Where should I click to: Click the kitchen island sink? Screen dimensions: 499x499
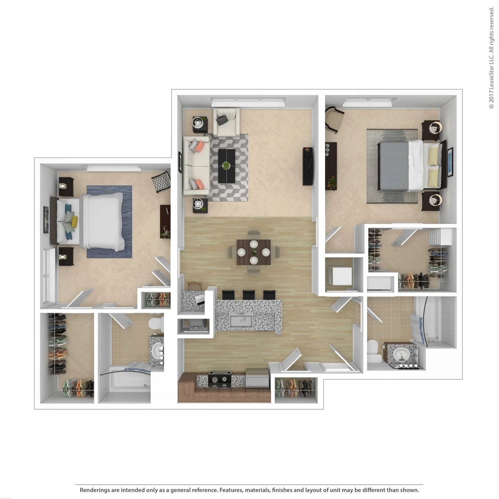(x=240, y=321)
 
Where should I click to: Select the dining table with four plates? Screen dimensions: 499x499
(x=253, y=252)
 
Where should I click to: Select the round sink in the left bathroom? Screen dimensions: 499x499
(x=157, y=350)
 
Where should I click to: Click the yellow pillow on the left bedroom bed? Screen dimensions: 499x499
(x=74, y=220)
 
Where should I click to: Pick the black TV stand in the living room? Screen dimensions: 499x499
(x=307, y=166)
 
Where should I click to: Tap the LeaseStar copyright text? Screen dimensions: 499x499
(x=491, y=58)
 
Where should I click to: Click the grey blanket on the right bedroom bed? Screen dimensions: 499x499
(x=392, y=166)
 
